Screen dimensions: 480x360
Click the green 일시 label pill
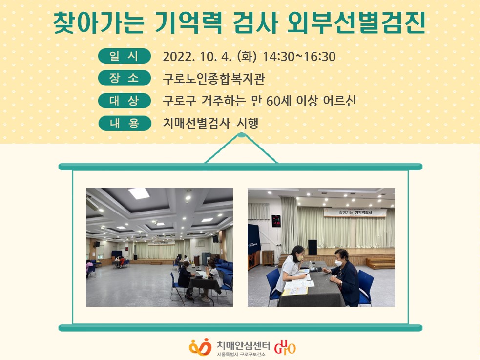[125, 56]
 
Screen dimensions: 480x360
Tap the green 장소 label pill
[125, 78]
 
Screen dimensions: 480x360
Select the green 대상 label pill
[125, 101]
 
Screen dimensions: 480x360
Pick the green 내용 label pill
[125, 123]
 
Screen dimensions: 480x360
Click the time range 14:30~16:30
[299, 57]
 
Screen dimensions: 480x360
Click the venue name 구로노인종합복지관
[214, 79]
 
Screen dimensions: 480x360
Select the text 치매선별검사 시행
[210, 123]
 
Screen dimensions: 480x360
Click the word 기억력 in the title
[188, 23]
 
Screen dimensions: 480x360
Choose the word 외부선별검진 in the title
[356, 23]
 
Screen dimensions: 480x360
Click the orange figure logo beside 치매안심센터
[200, 347]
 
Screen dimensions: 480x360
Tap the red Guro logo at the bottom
[285, 347]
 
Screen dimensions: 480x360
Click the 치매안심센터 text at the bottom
[243, 346]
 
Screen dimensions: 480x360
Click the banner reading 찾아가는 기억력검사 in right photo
[355, 212]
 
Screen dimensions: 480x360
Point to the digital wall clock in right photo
[276, 221]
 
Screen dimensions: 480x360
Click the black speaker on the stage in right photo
[312, 247]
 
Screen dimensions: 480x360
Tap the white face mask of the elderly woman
[338, 263]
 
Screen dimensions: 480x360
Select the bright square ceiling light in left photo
[139, 193]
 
